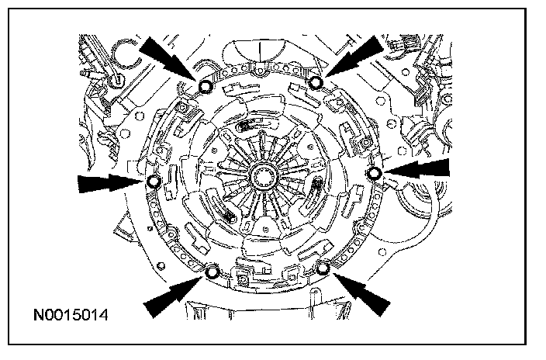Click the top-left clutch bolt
[x=206, y=85]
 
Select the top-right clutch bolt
[x=316, y=83]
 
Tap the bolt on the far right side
[x=375, y=172]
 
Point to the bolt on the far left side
[x=154, y=182]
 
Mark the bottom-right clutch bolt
[x=323, y=268]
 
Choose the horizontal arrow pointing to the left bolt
[x=109, y=183]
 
